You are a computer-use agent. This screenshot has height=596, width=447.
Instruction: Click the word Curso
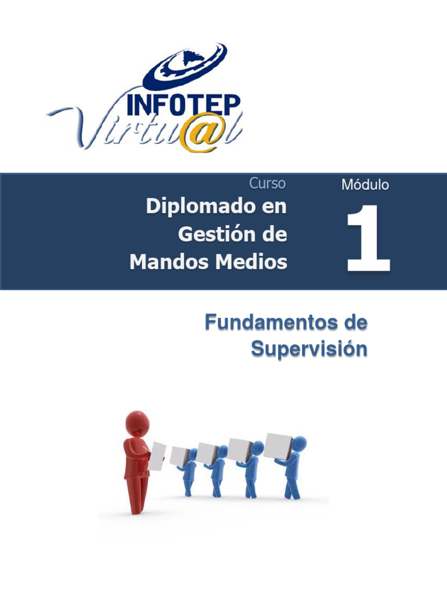point(267,183)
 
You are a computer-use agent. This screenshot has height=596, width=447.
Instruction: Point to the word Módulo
point(365,185)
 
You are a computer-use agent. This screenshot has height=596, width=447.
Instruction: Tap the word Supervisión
point(309,349)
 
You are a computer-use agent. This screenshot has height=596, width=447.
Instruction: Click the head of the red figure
point(138,423)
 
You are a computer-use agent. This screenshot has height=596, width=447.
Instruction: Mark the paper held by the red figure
point(158,456)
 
